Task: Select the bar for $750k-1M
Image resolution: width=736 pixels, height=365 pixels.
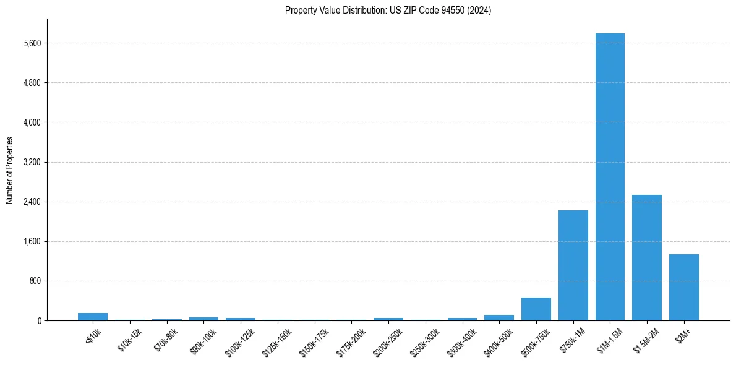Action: click(573, 265)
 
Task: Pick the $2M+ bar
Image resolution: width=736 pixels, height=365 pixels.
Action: click(683, 287)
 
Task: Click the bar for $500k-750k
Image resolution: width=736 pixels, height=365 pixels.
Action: click(536, 309)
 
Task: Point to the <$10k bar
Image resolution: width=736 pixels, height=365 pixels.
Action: click(93, 317)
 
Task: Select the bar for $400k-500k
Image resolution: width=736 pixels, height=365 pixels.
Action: click(499, 317)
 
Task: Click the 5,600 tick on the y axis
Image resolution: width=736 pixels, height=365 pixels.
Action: click(32, 43)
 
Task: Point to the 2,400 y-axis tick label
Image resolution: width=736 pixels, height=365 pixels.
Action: click(32, 202)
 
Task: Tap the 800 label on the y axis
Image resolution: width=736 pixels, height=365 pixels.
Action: click(35, 281)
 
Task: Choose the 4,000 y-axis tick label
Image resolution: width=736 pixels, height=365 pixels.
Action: click(32, 122)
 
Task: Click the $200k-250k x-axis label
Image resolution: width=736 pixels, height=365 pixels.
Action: click(387, 338)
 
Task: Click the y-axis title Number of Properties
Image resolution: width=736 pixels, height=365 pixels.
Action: click(9, 170)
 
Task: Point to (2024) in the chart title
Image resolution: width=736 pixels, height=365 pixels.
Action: click(480, 11)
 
